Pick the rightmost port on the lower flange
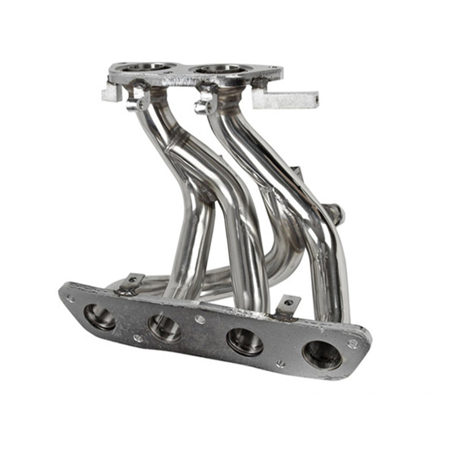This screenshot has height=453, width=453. tap(322, 355)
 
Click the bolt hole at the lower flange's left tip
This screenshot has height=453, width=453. tap(70, 299)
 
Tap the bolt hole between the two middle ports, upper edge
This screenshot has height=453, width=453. tap(200, 319)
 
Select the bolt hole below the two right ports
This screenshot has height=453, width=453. tap(281, 363)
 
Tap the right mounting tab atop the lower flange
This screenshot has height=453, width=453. tap(288, 304)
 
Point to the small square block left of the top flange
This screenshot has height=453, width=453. tap(111, 92)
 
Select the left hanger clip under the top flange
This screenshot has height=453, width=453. tap(138, 100)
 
